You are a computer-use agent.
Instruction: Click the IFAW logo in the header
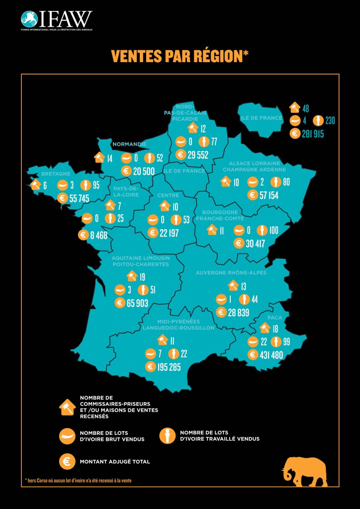coord(56,20)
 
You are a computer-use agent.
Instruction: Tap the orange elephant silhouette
coord(304,472)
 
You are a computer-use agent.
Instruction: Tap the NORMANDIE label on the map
coord(129,145)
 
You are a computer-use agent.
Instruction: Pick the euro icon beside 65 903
coord(120,303)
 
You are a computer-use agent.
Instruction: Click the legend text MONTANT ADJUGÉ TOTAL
coord(115,462)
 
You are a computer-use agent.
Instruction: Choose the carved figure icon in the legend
coord(167,435)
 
